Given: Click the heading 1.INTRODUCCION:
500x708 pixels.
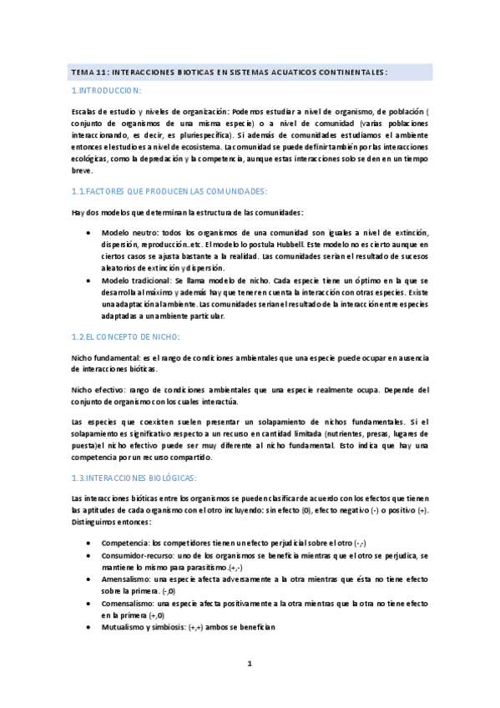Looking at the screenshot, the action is pos(106,89).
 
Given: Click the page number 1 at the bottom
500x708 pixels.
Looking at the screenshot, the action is pos(249,664).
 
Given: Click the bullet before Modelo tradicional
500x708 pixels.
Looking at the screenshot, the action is pos(89,281).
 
